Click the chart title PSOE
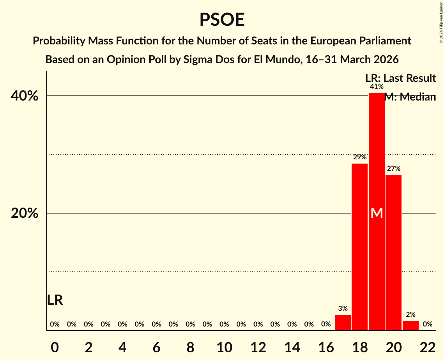tap(222, 20)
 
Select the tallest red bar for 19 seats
tap(377, 156)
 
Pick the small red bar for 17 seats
tap(343, 323)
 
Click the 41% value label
tap(377, 87)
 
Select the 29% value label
tap(359, 157)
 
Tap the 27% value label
tap(393, 169)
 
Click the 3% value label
tap(343, 309)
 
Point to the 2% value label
tap(410, 315)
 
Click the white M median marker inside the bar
tap(377, 213)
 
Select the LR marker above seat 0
tap(55, 300)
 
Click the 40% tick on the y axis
tap(24, 96)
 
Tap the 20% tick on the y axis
tap(24, 214)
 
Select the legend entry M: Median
tap(410, 97)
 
